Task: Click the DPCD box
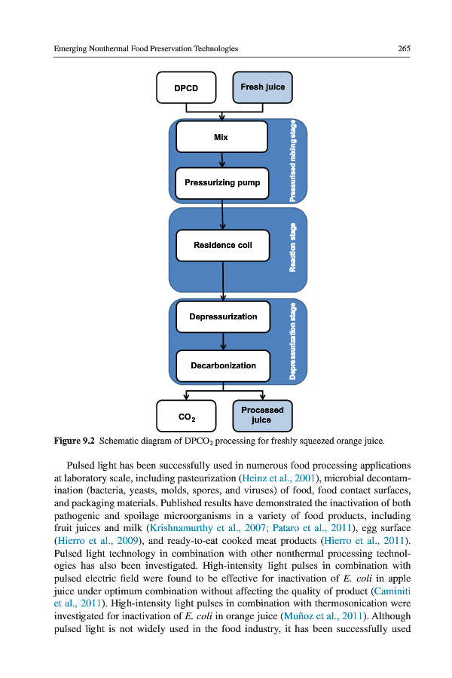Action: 186,87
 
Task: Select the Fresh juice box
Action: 262,87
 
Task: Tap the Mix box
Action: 221,137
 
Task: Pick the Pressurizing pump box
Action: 221,182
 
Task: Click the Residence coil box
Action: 221,245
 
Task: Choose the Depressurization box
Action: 221,316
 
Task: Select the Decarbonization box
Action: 221,365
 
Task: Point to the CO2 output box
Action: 186,416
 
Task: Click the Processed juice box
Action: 262,416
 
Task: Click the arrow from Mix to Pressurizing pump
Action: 222,160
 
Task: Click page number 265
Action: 404,48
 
